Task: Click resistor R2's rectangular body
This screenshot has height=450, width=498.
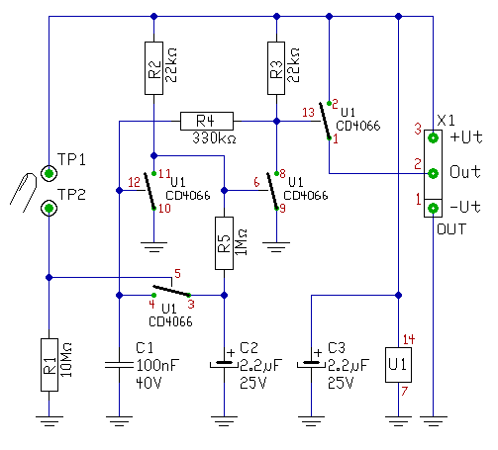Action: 153,68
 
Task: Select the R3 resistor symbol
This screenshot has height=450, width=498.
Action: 276,68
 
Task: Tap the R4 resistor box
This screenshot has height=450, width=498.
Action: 207,121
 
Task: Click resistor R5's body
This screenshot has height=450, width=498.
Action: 224,243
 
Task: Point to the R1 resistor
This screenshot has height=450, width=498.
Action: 50,365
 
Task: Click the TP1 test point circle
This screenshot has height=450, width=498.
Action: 49,173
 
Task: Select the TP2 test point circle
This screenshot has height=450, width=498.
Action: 49,209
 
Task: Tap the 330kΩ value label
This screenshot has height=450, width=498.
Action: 214,138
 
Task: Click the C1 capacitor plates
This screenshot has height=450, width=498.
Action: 119,365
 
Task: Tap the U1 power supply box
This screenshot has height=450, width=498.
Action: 398,365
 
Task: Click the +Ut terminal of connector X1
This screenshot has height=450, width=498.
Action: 433,137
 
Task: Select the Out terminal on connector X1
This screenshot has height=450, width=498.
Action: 433,173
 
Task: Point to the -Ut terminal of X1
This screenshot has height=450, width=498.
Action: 433,209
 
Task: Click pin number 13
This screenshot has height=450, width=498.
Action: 309,113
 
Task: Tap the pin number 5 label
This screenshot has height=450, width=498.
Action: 177,273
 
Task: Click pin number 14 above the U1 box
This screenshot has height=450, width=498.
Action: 409,339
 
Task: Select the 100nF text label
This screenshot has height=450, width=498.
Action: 157,365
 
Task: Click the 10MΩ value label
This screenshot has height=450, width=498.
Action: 66,360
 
